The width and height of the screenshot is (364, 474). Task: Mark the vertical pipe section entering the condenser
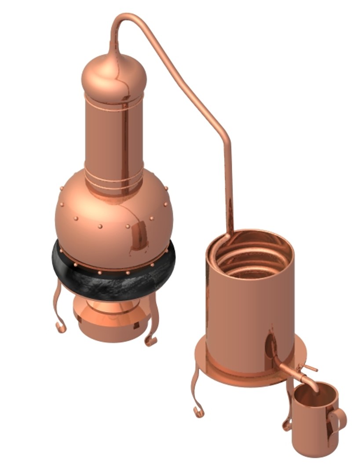coord(228,189)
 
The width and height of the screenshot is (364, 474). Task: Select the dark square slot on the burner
coord(136,325)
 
